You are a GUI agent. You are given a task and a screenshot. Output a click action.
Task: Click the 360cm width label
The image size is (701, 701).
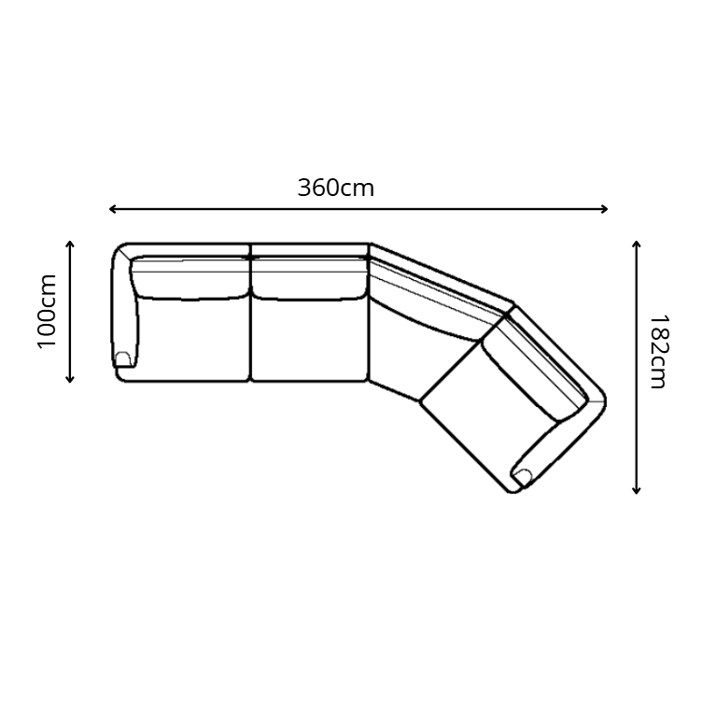[336, 188]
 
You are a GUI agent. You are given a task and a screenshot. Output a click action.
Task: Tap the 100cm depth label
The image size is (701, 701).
[47, 312]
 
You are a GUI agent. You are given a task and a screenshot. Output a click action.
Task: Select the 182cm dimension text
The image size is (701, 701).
[658, 352]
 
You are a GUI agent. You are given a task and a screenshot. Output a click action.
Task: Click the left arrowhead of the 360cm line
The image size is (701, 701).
[113, 209]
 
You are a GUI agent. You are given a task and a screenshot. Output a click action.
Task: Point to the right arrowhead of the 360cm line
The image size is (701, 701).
[605, 209]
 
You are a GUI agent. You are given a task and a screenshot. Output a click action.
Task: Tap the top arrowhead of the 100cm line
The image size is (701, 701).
[70, 244]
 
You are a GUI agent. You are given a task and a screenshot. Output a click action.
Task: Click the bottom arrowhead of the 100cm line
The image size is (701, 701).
[70, 380]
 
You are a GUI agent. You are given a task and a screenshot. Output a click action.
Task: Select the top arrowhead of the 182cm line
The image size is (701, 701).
[637, 245]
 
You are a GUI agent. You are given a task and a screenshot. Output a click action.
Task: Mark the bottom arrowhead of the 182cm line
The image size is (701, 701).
[637, 490]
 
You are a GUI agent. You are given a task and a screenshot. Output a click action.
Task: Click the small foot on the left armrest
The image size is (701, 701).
[123, 359]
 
